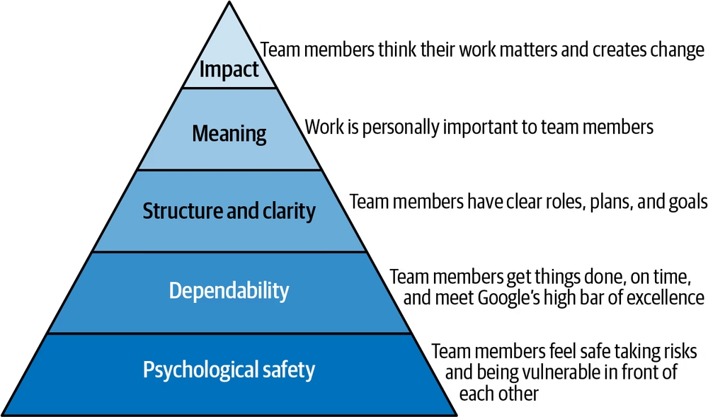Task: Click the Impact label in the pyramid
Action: pos(229,69)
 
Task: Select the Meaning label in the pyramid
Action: pos(229,134)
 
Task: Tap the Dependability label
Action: pos(229,290)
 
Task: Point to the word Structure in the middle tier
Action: pos(183,211)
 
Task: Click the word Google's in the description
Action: pos(508,298)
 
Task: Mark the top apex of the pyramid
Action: pos(229,2)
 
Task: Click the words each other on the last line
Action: pos(499,394)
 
